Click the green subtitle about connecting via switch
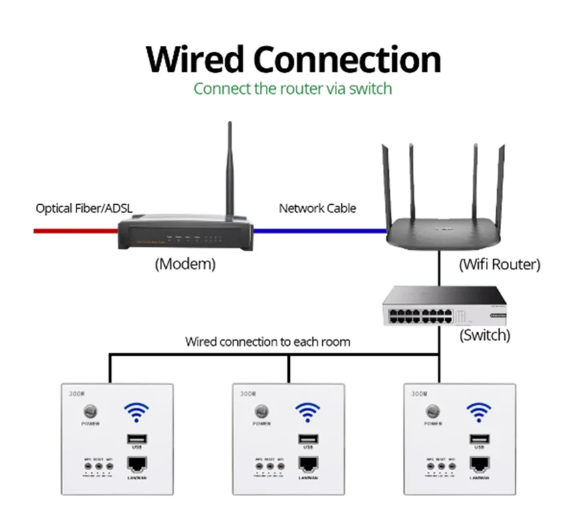pyautogui.click(x=292, y=88)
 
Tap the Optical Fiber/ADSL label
pyautogui.click(x=84, y=209)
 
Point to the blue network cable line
pyautogui.click(x=320, y=231)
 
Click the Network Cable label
pyautogui.click(x=317, y=208)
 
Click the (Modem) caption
pyautogui.click(x=185, y=264)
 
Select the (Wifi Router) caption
pyautogui.click(x=499, y=265)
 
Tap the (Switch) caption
pyautogui.click(x=484, y=335)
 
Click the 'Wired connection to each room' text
pyautogui.click(x=267, y=342)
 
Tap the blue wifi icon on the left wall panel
pyautogui.click(x=136, y=413)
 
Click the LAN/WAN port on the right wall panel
pyautogui.click(x=478, y=465)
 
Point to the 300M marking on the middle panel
pyautogui.click(x=248, y=394)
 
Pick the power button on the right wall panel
pyautogui.click(x=433, y=412)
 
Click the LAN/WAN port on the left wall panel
pyautogui.click(x=136, y=465)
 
